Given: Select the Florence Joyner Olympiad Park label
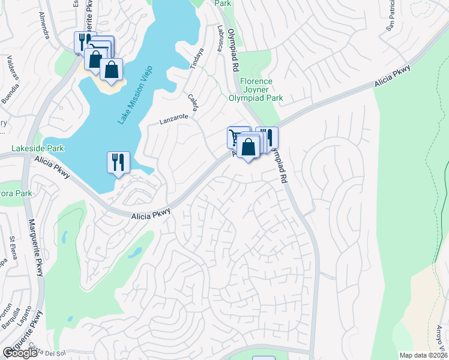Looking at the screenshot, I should pos(256,89).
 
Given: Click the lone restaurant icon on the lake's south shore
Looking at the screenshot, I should pos(118,161).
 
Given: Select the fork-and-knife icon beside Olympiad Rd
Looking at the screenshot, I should pos(268,136).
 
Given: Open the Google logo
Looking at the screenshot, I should pos(20,353).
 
